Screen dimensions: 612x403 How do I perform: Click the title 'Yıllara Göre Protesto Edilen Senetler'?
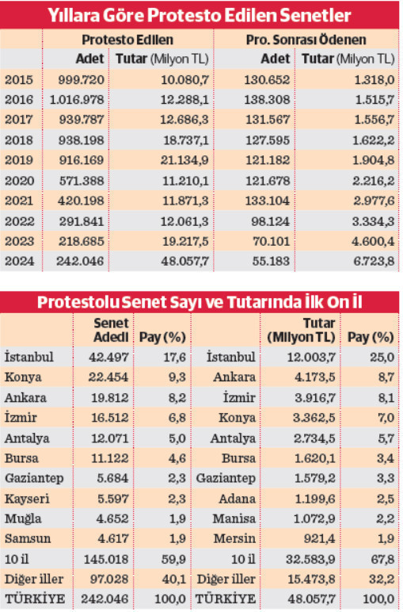coord(201,15)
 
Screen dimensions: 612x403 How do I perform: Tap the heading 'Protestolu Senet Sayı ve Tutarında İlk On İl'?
coord(201,303)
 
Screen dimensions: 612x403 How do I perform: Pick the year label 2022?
coord(18,223)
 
